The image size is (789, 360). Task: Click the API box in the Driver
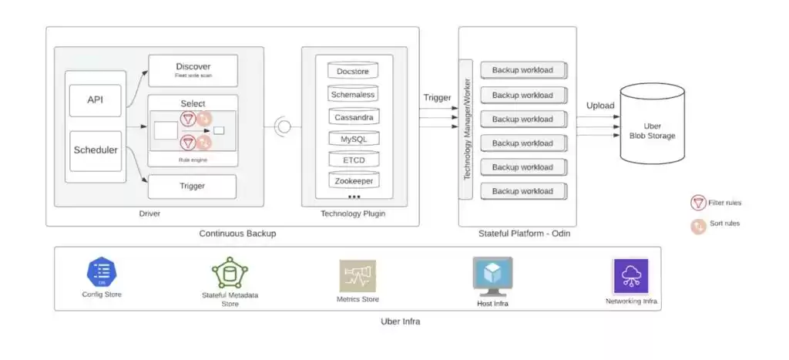click(x=95, y=100)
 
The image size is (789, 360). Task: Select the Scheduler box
click(x=95, y=150)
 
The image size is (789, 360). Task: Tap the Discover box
click(x=193, y=69)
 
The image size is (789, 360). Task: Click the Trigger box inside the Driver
click(x=193, y=186)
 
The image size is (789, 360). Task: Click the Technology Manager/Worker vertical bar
click(x=466, y=129)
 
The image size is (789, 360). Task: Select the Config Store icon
click(x=102, y=273)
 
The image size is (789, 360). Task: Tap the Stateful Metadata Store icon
click(x=230, y=273)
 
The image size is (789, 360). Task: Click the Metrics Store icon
click(x=358, y=276)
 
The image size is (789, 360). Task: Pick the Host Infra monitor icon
click(x=492, y=276)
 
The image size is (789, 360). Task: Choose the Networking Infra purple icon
click(x=630, y=276)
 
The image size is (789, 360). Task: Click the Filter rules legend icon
click(x=698, y=204)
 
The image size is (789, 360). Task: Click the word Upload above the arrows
click(x=600, y=105)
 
